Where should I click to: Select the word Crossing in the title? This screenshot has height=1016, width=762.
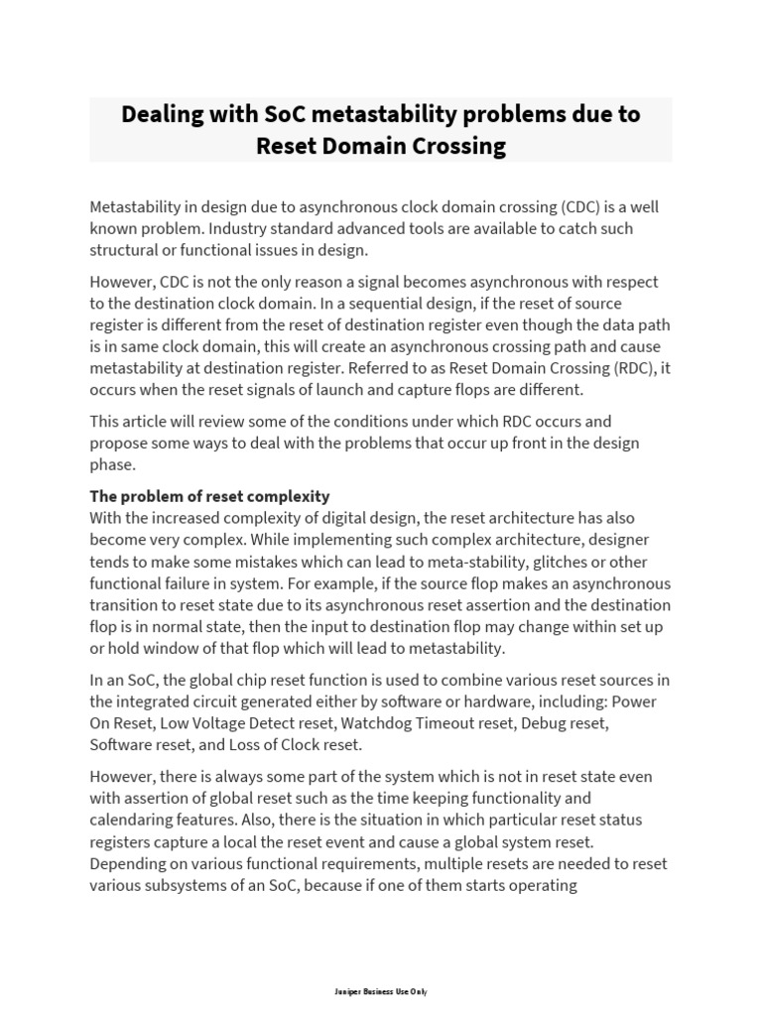click(459, 147)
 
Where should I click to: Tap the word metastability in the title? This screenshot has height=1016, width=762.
click(388, 114)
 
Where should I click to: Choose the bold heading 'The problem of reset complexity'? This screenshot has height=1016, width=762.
click(209, 496)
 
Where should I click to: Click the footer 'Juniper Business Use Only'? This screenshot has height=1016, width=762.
click(381, 991)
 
